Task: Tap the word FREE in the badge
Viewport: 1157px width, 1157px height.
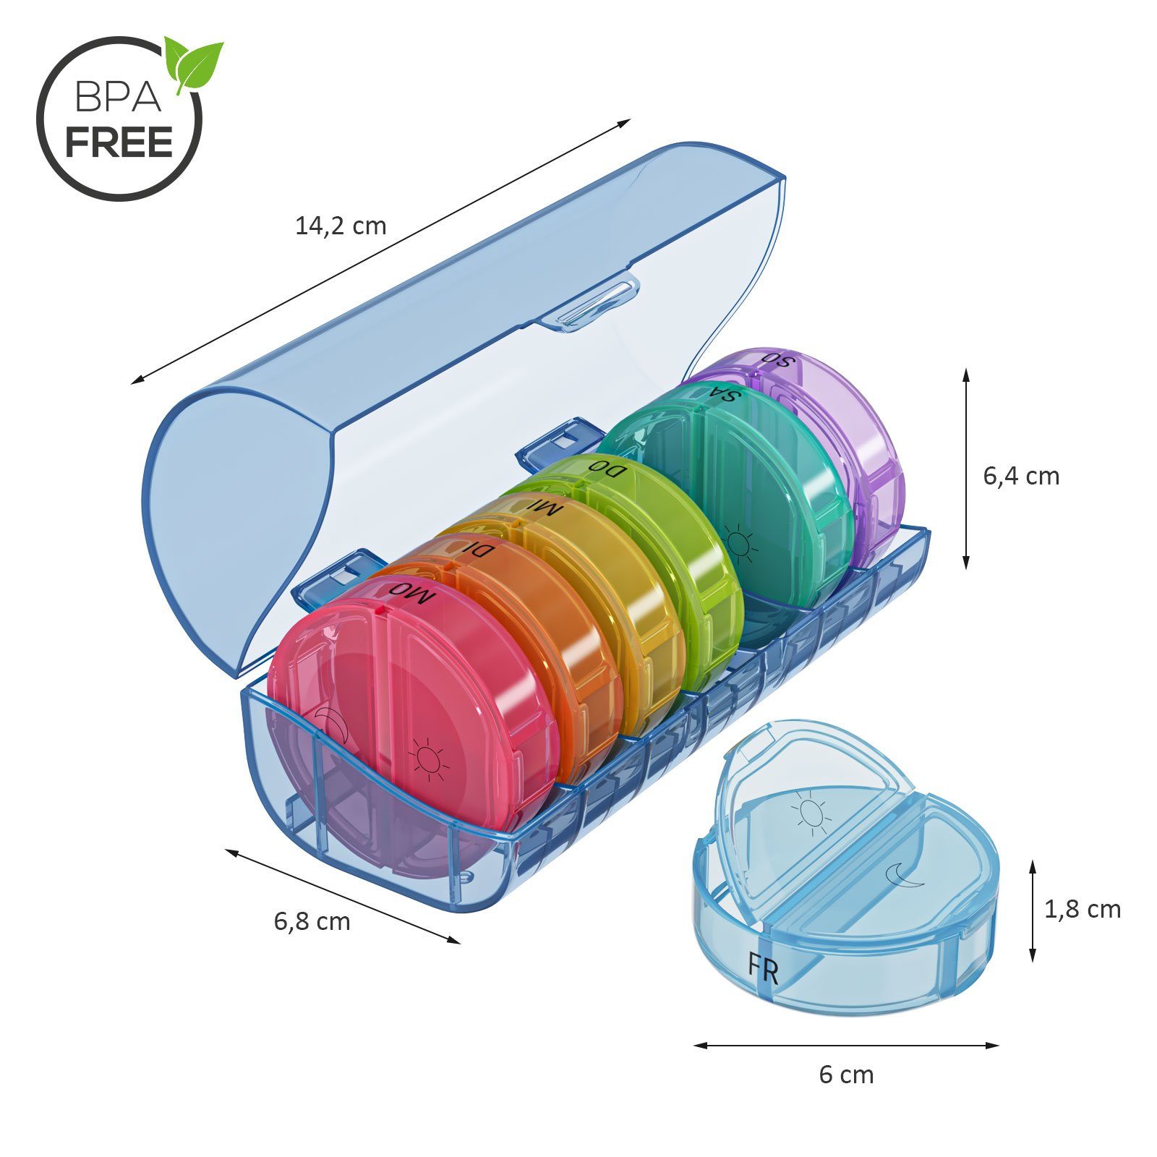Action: pos(119,142)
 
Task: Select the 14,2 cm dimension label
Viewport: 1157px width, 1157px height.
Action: pos(341,226)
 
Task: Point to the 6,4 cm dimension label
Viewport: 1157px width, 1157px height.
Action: pos(1020,476)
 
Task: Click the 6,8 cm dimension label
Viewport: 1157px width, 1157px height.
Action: pos(312,921)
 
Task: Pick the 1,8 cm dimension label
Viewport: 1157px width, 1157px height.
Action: pos(1082,909)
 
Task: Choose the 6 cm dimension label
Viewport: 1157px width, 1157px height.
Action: pos(846,1075)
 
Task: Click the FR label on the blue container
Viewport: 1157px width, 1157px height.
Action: pos(764,968)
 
